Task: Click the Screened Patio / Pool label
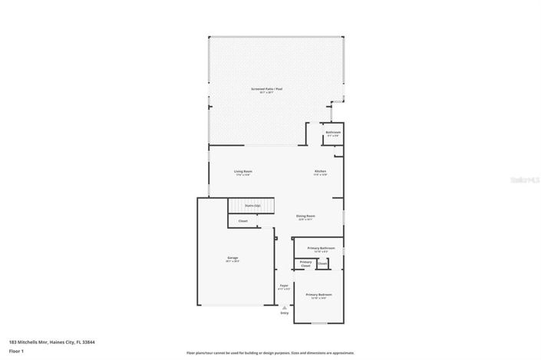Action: coord(266,90)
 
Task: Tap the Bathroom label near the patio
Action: coord(332,132)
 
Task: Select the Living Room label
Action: coord(243,171)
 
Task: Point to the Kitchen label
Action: coord(320,171)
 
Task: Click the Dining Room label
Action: coord(305,216)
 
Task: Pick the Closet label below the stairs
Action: coord(242,221)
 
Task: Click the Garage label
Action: coord(232,258)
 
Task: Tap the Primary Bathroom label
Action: coord(321,248)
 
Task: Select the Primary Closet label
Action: coord(305,264)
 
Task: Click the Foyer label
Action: coord(283,286)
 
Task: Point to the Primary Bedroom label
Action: coord(318,295)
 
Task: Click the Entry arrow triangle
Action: coord(285,306)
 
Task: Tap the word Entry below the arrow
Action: coord(285,312)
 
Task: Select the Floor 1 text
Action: coord(16,351)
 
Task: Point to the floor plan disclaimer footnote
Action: coord(270,353)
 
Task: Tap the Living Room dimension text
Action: coord(243,175)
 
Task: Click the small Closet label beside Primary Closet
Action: coord(322,263)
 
